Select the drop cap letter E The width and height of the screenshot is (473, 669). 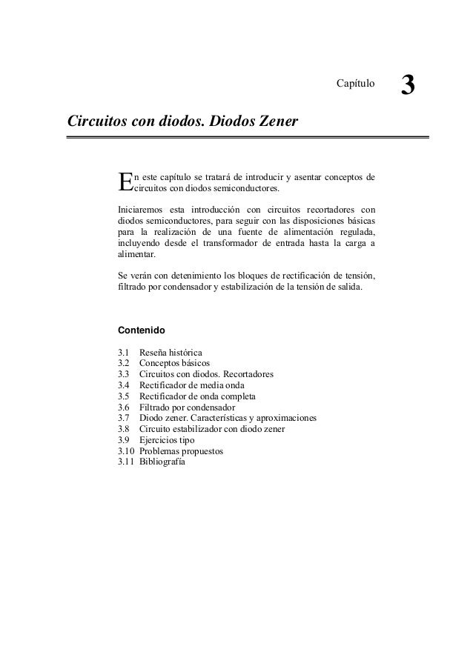click(125, 182)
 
